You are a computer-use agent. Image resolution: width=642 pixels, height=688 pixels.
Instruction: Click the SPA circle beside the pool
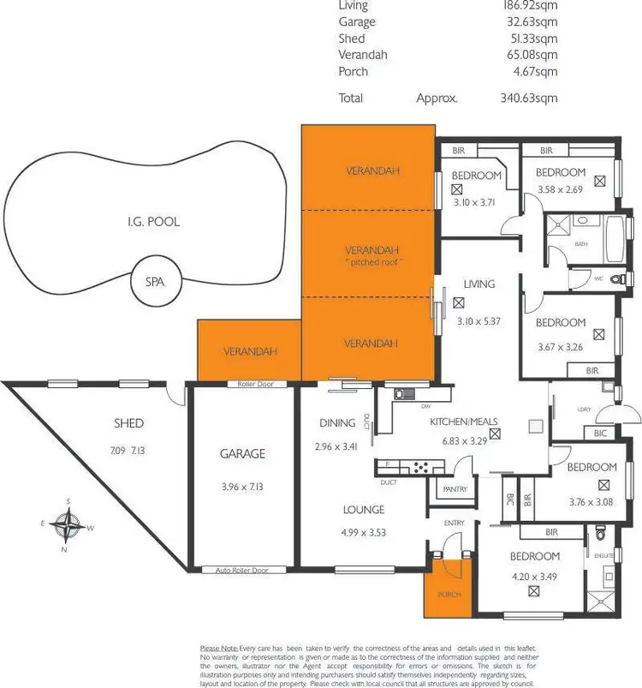[x=154, y=281]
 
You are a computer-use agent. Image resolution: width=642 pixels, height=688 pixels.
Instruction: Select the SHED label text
[x=128, y=423]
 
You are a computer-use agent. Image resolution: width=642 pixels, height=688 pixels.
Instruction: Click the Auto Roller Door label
[x=242, y=570]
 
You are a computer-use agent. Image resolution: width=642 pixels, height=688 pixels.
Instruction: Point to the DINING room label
[x=336, y=422]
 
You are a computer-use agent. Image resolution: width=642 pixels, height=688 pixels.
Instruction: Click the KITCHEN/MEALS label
[x=458, y=421]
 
